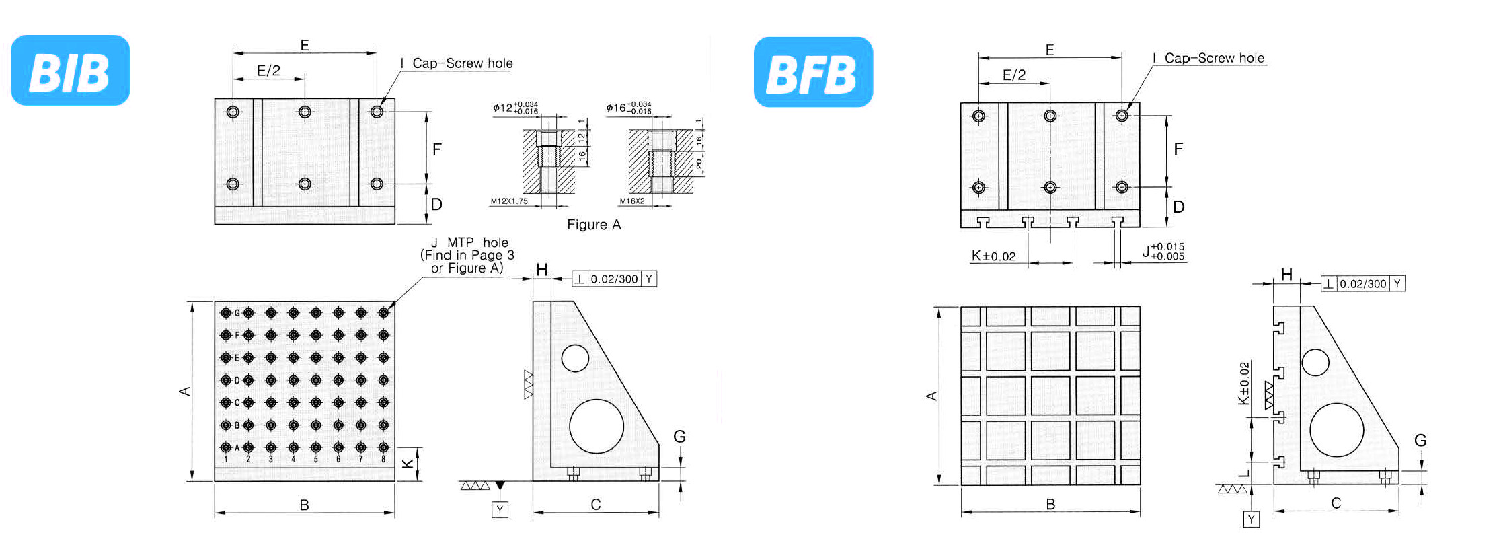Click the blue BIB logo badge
pos(70,71)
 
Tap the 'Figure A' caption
pos(594,225)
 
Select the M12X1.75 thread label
pos(509,201)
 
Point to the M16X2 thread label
pos(632,201)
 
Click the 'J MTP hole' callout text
pos(469,242)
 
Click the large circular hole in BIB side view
pos(597,426)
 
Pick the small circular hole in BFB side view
pos(1315,363)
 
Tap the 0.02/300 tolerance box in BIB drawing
pos(614,279)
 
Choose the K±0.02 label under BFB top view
pos(993,256)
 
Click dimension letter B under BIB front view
pos(304,505)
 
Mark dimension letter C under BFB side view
pos(1336,503)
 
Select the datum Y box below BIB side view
pos(500,510)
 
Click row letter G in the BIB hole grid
pos(237,313)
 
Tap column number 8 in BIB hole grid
pos(383,459)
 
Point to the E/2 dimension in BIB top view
pos(268,71)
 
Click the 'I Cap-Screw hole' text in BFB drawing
pos(1208,59)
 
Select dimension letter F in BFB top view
pos(1178,149)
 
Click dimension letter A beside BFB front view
pos(932,396)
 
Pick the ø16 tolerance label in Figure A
pos(628,108)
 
